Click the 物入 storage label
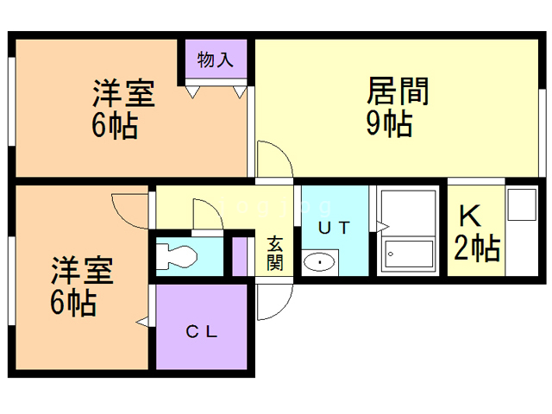pos(215,60)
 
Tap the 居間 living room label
pos(398,91)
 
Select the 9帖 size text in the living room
pos(389,123)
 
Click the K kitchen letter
pos(470,216)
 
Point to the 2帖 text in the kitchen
pos(477,248)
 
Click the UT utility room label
pos(334,228)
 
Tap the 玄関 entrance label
pos(275,254)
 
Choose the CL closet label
pos(202,331)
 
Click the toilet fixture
pos(176,257)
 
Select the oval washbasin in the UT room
pos(319,262)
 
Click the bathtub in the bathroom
pos(409,254)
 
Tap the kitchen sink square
pos(522,204)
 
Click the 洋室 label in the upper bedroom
pos(123,93)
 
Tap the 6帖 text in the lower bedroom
pos(73,303)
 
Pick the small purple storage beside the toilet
pos(240,257)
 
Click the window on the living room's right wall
pos(543,133)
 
